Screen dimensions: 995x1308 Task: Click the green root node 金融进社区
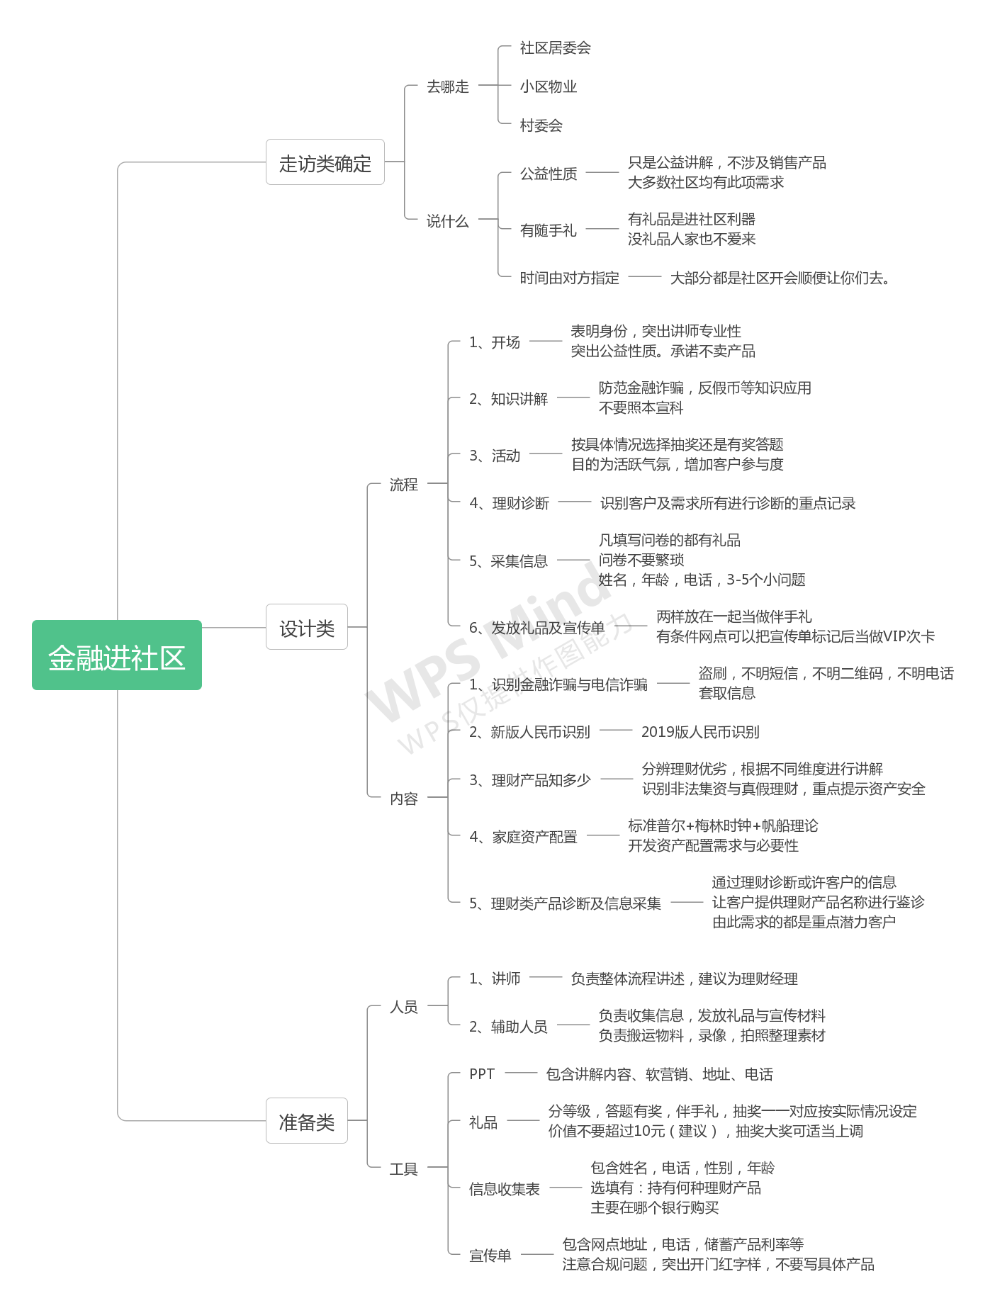117,655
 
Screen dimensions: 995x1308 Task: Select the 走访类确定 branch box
325,162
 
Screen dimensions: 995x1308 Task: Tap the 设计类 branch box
307,627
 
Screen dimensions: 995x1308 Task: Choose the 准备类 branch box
307,1121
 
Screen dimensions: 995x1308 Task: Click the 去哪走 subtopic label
448,86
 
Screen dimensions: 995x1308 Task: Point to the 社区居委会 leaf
556,47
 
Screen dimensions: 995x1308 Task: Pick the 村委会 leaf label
541,125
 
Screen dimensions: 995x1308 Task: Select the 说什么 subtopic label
448,221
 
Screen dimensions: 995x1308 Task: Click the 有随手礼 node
549,230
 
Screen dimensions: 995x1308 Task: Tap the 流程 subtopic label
404,485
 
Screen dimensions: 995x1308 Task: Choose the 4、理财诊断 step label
510,503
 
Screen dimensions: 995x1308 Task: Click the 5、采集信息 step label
509,561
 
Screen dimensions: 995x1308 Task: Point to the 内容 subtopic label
404,799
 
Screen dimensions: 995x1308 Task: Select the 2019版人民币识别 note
700,732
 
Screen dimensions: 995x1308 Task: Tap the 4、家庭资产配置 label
524,837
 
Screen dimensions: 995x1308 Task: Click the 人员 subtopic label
404,1007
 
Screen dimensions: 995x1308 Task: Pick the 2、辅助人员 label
509,1027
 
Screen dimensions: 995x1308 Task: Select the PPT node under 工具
482,1074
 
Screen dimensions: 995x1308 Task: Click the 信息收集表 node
505,1189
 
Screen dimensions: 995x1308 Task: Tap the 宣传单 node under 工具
490,1256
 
